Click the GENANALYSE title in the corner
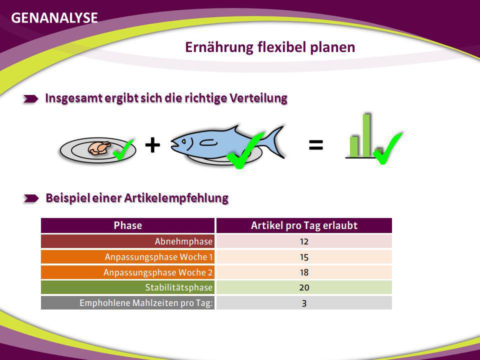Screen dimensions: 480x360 point(54,18)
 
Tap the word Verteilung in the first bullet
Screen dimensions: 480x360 point(258,98)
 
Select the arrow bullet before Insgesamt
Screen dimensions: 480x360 point(31,98)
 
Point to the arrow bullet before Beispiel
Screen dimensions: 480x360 point(31,198)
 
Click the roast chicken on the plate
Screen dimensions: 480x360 point(99,148)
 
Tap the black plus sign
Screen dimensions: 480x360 point(152,145)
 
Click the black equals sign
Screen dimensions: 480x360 point(316,145)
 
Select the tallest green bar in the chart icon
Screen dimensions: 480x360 point(366,135)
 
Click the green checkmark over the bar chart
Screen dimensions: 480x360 point(387,148)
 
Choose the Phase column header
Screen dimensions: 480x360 point(127,225)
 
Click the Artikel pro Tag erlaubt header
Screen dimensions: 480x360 point(304,225)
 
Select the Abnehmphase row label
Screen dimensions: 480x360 point(183,241)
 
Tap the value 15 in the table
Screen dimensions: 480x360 point(304,257)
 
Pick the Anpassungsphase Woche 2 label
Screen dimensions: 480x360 point(158,272)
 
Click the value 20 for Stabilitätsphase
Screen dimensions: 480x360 point(304,288)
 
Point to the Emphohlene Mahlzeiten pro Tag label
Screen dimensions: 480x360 point(146,303)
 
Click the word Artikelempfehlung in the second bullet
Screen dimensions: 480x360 point(176,198)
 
